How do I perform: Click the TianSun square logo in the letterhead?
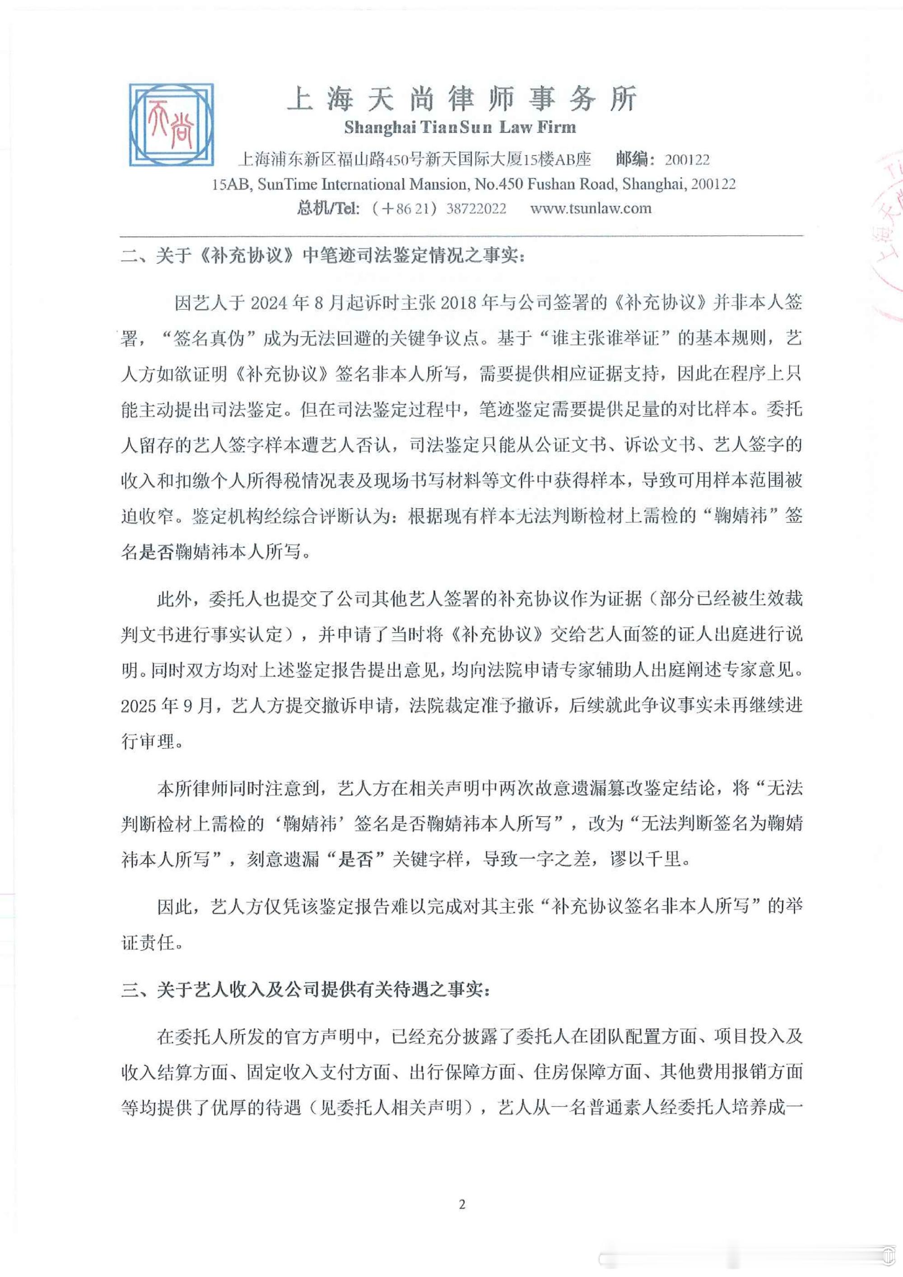click(171, 125)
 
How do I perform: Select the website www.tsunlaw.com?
click(591, 209)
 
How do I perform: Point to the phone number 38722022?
click(476, 209)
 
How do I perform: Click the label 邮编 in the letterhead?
click(632, 160)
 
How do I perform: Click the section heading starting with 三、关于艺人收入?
click(306, 990)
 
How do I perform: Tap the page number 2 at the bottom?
click(461, 1205)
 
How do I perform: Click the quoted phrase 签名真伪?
click(209, 338)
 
